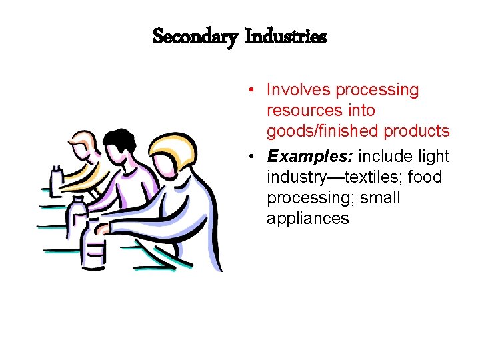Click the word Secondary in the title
click(x=195, y=36)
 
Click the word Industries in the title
click(x=285, y=36)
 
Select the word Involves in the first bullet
click(x=299, y=90)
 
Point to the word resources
click(x=302, y=110)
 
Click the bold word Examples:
click(x=311, y=157)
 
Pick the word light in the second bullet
click(x=434, y=157)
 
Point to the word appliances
click(x=307, y=218)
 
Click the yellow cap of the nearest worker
click(x=175, y=143)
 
